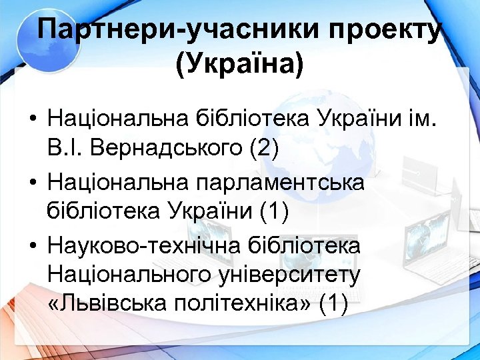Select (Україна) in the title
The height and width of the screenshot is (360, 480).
tap(239, 65)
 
